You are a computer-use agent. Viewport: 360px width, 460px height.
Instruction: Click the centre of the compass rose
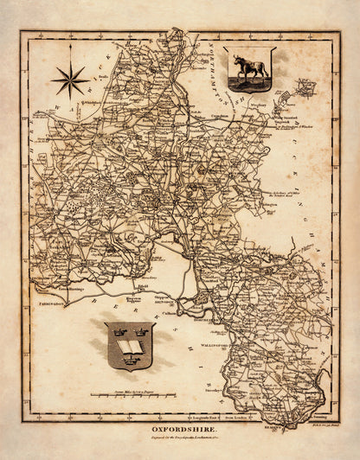click(x=70, y=80)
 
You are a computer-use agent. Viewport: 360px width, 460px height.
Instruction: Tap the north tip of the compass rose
click(x=70, y=62)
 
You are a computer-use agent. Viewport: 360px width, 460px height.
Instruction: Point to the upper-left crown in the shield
click(x=116, y=331)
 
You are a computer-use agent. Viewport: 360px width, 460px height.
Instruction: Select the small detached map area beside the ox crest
click(x=304, y=86)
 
